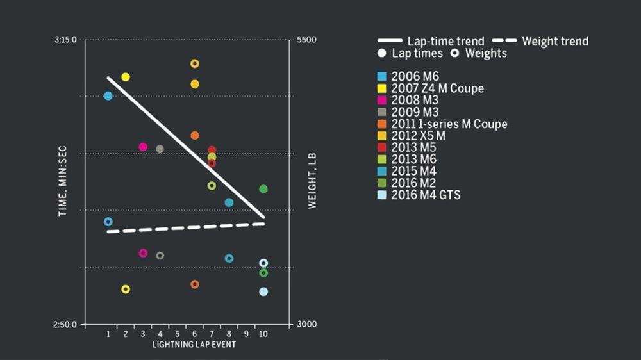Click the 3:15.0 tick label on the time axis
tap(66, 40)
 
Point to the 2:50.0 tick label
tap(66, 325)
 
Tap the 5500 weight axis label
tap(306, 40)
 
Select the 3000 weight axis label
tap(306, 325)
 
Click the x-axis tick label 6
tap(194, 334)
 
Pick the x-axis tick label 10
tap(263, 334)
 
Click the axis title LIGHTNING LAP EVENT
tap(194, 345)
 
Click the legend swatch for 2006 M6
tap(383, 77)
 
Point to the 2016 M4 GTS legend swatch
tap(383, 195)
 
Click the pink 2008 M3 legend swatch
tap(383, 101)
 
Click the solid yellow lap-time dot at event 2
tap(126, 77)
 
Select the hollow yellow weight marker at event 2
tap(126, 290)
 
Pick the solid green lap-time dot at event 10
tap(263, 189)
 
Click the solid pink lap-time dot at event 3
tap(143, 147)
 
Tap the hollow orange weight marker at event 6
tap(195, 284)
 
